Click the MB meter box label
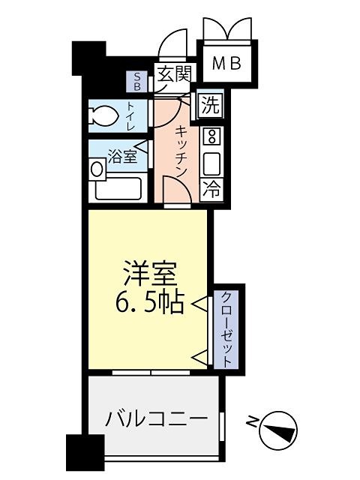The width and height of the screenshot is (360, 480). coord(226,64)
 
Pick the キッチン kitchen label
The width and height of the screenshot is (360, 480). coord(181,150)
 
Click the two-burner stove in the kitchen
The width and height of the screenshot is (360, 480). coord(211,136)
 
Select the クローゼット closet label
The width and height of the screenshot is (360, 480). coord(225,327)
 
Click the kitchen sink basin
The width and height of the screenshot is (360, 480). coord(211,163)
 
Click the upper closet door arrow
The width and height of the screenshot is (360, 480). coord(200,304)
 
